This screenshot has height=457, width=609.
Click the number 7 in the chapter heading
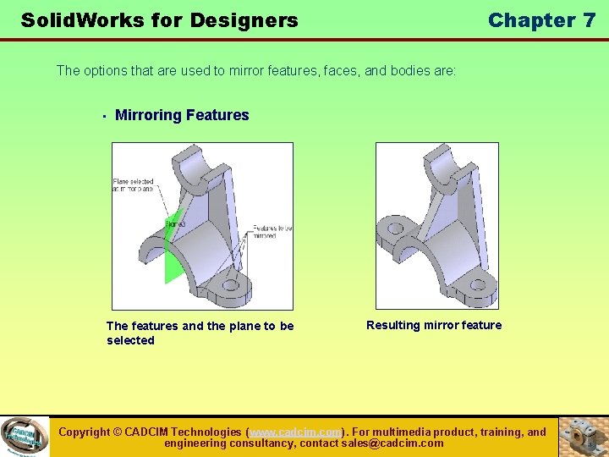point(589,20)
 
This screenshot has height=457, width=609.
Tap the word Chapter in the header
point(530,20)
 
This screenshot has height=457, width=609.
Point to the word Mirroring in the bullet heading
point(147,115)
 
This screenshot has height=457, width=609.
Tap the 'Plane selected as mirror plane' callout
point(134,185)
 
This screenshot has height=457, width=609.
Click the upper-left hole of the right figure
point(394,229)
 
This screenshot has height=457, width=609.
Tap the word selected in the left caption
point(130,340)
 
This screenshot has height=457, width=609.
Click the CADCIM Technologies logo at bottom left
point(25,437)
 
